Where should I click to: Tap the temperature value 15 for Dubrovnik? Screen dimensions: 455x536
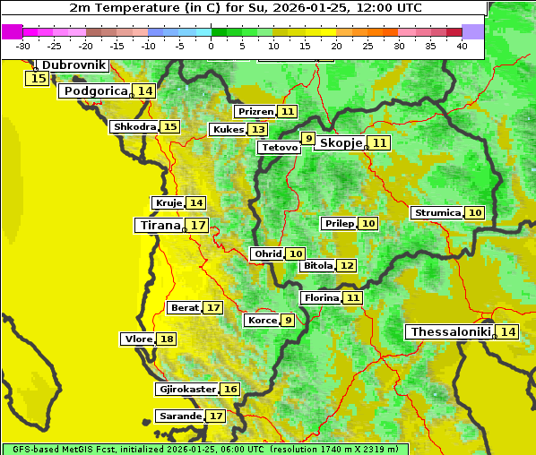coord(38,79)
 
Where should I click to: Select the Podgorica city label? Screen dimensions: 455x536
coord(95,90)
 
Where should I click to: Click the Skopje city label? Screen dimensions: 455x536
coord(341,142)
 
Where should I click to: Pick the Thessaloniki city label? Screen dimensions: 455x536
coord(450,331)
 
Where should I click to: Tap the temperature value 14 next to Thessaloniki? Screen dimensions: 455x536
coord(508,331)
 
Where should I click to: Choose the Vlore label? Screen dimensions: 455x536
coord(137,339)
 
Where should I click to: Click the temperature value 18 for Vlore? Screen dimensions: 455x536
coord(167,339)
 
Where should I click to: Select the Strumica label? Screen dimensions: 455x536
coord(437,212)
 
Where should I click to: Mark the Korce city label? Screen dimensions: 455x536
coord(262,320)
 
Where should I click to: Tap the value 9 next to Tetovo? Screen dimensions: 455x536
coord(308,138)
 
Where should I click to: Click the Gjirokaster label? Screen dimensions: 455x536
coord(186,389)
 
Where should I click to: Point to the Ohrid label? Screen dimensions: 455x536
coord(267,253)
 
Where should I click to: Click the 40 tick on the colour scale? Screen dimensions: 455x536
coord(462,46)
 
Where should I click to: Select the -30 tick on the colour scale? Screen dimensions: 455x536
coord(23,46)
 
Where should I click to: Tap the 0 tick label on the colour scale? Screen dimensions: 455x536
coord(211,46)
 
